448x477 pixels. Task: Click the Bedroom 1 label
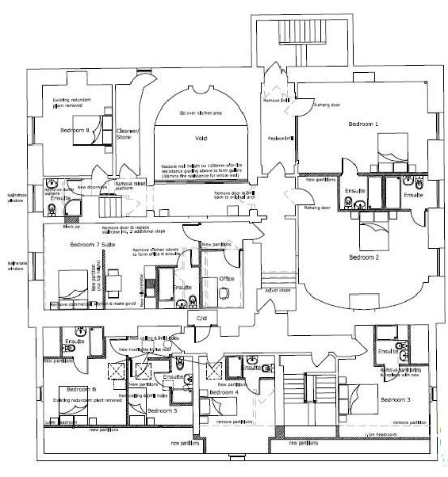click(364, 124)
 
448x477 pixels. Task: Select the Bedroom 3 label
click(396, 400)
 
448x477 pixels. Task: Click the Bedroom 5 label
click(163, 411)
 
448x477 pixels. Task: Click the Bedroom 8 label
click(76, 130)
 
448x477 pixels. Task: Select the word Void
click(201, 137)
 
